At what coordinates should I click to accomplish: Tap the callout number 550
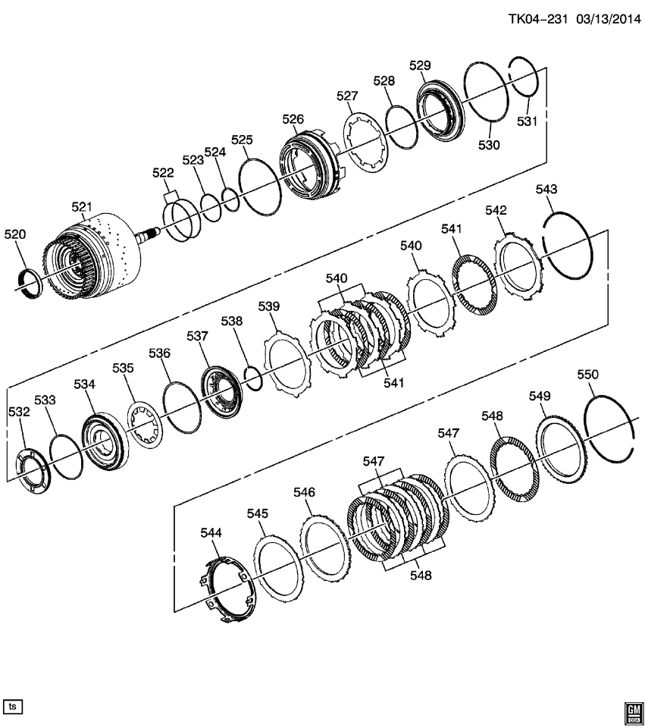[587, 375]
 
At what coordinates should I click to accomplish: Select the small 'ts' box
[13, 706]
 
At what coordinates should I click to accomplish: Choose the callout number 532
[19, 412]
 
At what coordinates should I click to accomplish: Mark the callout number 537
[197, 335]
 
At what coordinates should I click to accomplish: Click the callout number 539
[269, 306]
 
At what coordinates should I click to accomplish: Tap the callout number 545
[257, 513]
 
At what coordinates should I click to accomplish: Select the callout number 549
[540, 396]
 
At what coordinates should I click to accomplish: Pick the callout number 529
[420, 65]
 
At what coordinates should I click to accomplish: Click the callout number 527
[347, 96]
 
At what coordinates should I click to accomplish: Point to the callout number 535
[123, 368]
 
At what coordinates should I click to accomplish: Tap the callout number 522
[163, 173]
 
